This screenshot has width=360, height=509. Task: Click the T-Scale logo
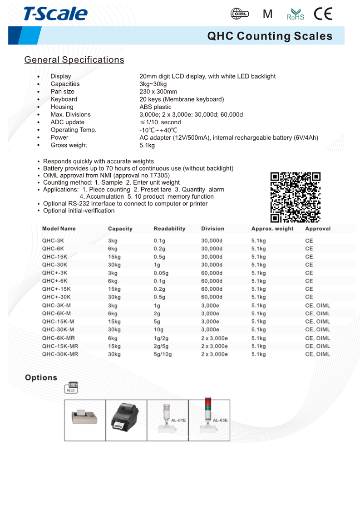(x=55, y=14)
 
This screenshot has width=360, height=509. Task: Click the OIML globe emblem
(x=240, y=14)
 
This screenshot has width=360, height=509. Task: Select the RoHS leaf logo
(x=295, y=15)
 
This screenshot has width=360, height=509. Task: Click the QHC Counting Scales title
(x=270, y=36)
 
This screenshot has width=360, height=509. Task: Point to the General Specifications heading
(x=74, y=60)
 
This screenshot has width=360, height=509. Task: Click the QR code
(x=295, y=197)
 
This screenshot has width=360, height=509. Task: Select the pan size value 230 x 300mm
(x=158, y=92)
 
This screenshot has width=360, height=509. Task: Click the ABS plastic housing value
(x=155, y=107)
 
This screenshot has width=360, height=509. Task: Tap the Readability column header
(x=169, y=229)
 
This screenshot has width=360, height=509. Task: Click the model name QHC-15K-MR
(x=60, y=346)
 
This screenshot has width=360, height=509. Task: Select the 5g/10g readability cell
(x=163, y=354)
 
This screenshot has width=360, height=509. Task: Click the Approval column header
(x=318, y=229)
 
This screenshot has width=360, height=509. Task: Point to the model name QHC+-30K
(x=56, y=297)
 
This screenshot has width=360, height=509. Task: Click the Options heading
(x=41, y=377)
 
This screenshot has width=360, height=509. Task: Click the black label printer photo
(x=126, y=420)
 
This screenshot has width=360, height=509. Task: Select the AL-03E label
(x=220, y=421)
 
